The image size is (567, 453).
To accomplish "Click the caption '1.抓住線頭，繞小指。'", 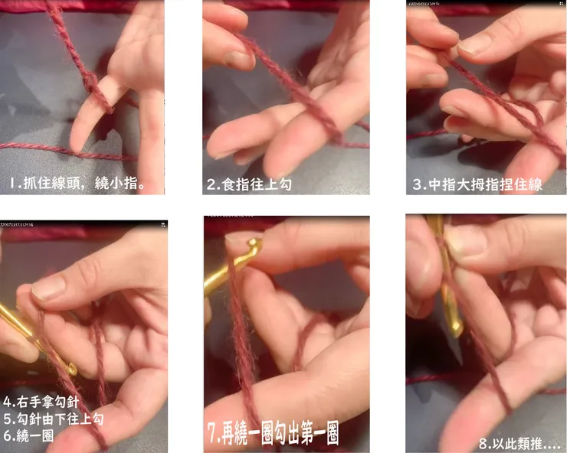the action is [x=77, y=184].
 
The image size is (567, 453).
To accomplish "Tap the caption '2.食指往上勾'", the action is [x=249, y=184].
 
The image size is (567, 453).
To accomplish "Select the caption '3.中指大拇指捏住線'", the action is [x=477, y=184].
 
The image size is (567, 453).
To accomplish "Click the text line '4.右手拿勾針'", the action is [x=41, y=401].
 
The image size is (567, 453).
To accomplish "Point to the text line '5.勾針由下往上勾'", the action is [x=54, y=419].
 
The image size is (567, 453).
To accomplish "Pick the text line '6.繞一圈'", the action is [x=28, y=435].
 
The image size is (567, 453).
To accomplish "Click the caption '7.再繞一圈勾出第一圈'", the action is [x=273, y=433].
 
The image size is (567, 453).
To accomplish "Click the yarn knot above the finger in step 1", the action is [x=90, y=80].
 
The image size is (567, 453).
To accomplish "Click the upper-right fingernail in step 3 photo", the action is [x=474, y=44].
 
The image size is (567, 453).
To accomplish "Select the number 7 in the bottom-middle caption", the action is [x=212, y=433].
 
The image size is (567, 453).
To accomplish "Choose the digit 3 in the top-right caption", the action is [x=418, y=184].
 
